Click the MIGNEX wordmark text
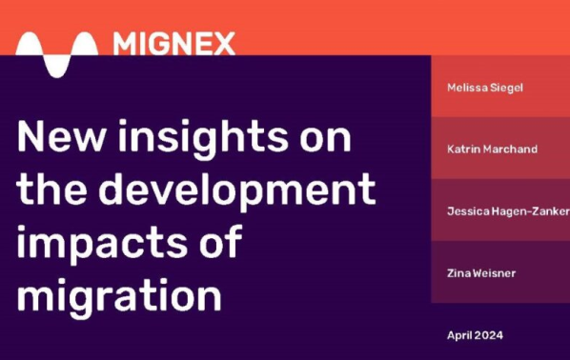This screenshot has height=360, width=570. [173, 42]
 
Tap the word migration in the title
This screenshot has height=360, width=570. [120, 296]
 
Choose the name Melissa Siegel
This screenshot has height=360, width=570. [485, 88]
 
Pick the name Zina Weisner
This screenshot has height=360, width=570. [480, 273]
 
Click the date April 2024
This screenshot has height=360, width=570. [474, 335]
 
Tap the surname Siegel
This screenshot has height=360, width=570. [506, 88]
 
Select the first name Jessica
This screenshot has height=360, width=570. [467, 211]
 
